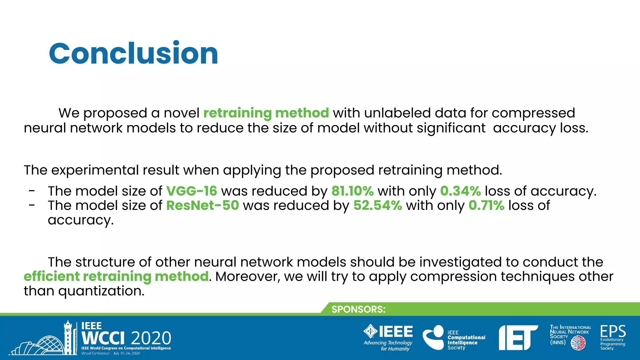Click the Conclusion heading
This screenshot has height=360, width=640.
tap(133, 53)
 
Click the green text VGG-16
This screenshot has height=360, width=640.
tap(191, 191)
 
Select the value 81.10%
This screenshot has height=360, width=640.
tap(352, 191)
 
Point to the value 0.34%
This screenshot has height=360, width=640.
tap(460, 191)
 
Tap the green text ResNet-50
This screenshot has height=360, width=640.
tap(202, 206)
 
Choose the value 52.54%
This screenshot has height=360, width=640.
tap(377, 206)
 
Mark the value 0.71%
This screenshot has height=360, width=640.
tap(486, 206)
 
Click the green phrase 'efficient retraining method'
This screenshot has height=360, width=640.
tap(116, 277)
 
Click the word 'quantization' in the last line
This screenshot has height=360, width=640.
tap(101, 291)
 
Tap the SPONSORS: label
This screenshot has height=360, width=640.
tap(358, 309)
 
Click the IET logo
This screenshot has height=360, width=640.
tap(518, 338)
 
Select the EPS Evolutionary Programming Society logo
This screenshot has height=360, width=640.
tap(612, 337)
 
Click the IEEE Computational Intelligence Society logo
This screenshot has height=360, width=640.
tap(454, 338)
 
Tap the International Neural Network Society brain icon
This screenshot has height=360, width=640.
tap(578, 343)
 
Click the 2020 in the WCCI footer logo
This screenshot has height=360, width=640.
tap(151, 338)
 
